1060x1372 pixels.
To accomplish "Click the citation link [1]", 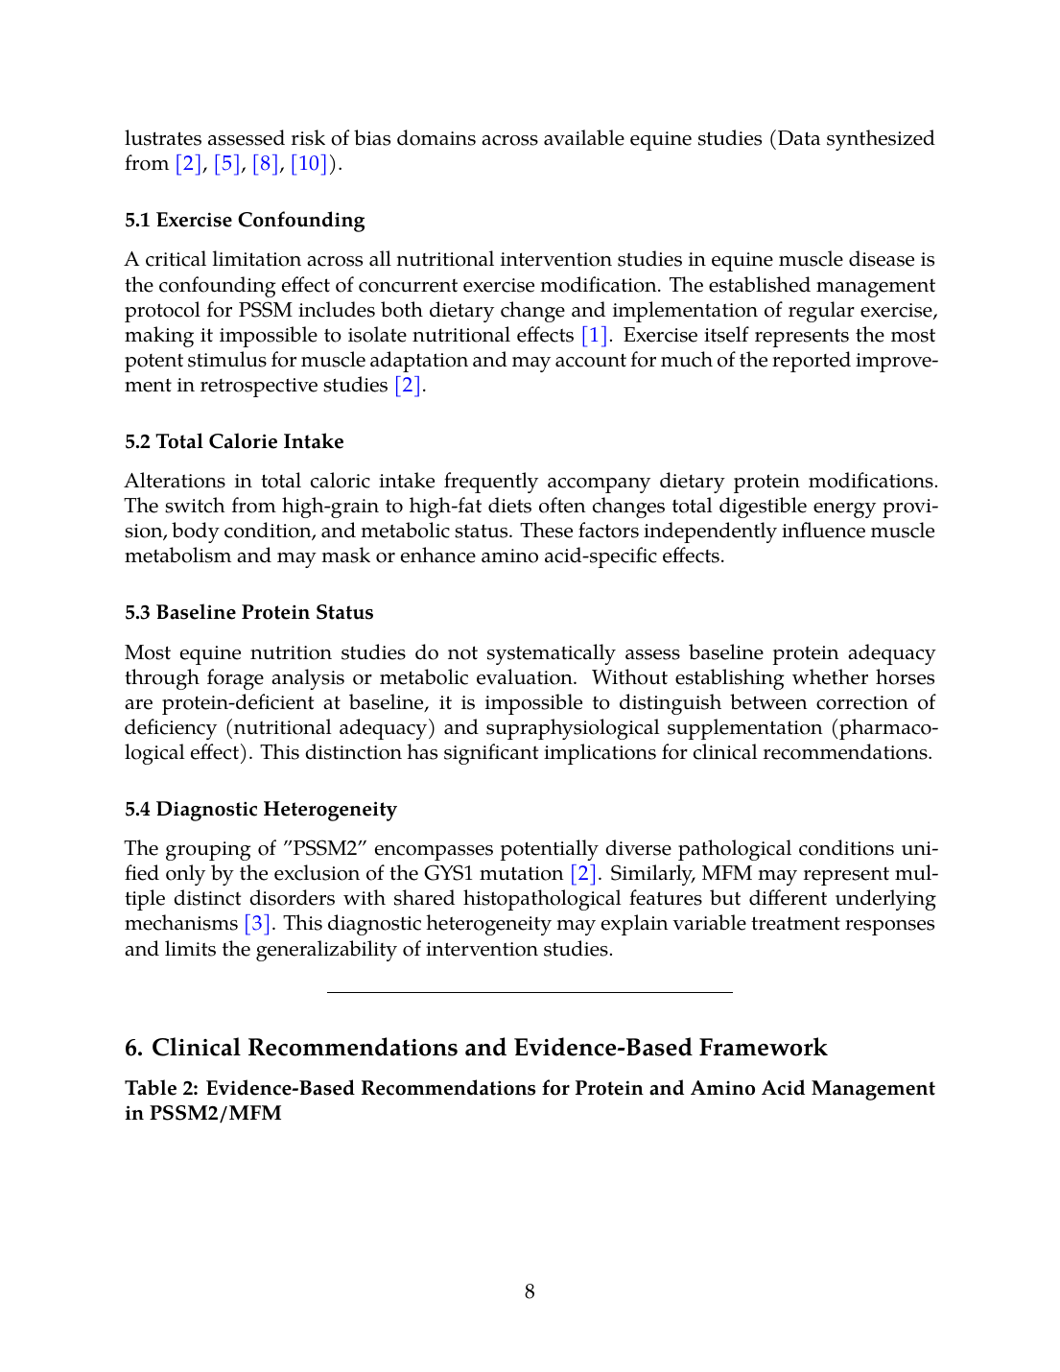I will (x=595, y=336).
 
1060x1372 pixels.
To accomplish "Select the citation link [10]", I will (x=309, y=164).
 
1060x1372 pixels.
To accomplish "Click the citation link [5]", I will (x=226, y=164).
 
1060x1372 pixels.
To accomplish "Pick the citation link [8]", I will (x=265, y=164).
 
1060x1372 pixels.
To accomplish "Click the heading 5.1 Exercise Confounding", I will (x=245, y=221).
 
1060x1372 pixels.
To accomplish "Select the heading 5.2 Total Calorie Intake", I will (x=234, y=442).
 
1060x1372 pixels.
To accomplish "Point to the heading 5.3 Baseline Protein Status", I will (x=249, y=613).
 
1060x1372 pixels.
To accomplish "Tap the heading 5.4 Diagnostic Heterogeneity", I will (x=261, y=810).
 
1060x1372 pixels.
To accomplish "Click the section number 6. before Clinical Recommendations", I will (x=134, y=1048).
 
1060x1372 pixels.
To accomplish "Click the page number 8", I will (x=530, y=1292).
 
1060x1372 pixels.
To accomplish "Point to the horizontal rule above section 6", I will (x=530, y=992).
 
